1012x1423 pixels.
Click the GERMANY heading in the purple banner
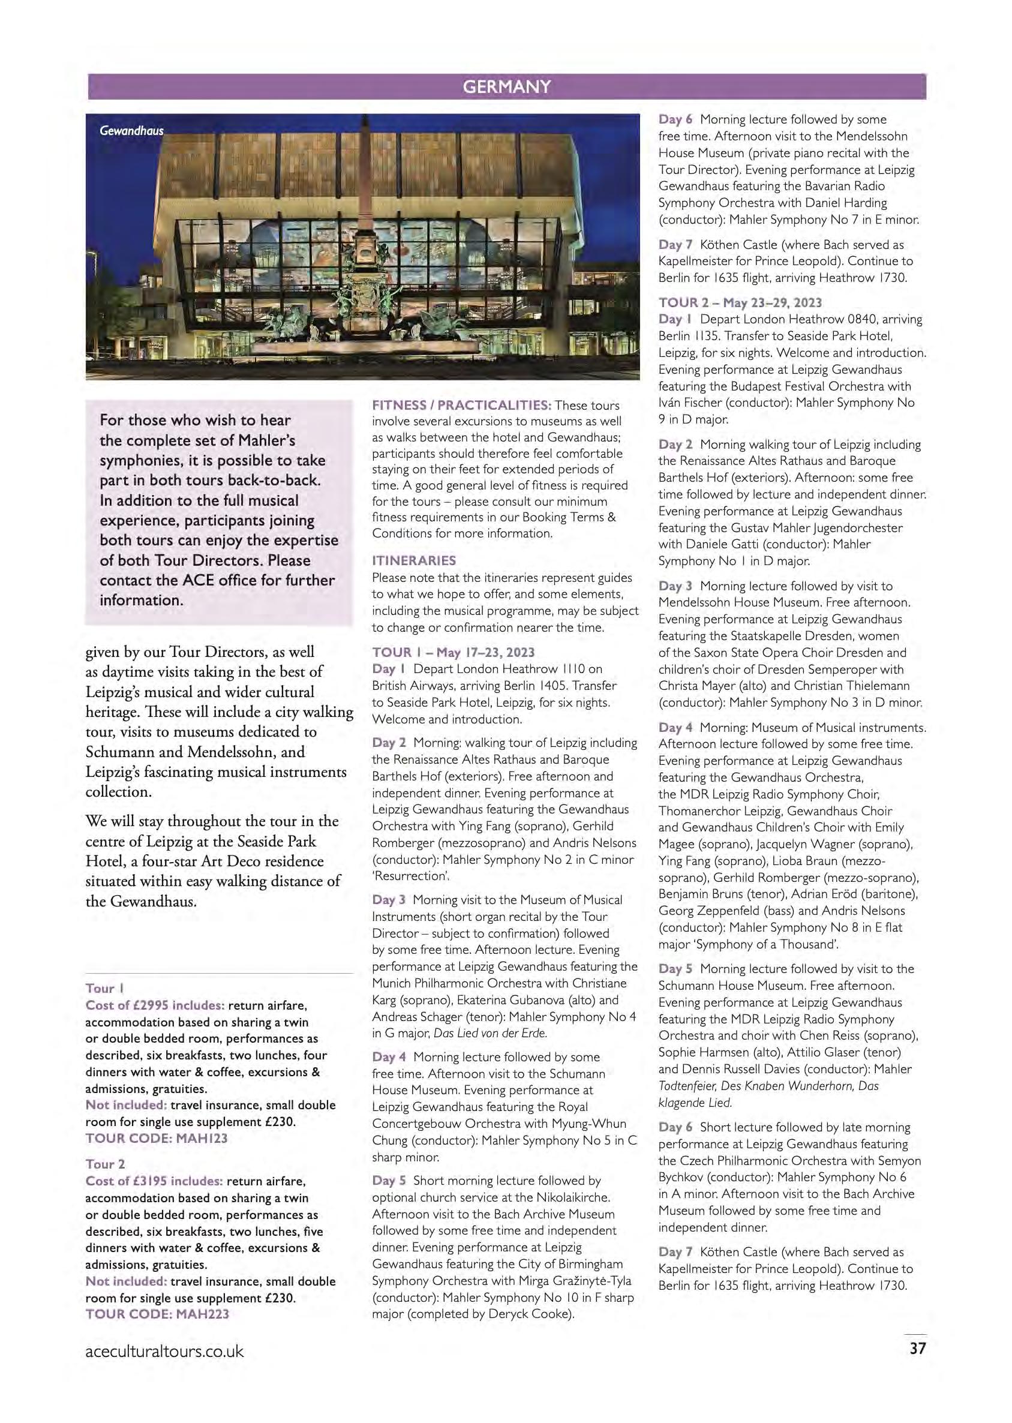click(x=506, y=86)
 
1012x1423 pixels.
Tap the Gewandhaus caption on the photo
click(x=131, y=131)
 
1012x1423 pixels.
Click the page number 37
click(x=917, y=1349)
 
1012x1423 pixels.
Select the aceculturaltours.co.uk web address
click(x=164, y=1351)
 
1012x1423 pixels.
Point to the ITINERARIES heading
click(x=414, y=560)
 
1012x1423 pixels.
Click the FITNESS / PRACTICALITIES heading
click(x=461, y=406)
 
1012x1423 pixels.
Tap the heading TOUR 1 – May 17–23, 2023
click(x=453, y=652)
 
